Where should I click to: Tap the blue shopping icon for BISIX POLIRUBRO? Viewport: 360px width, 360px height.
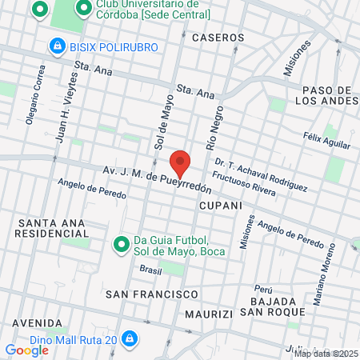click(57, 47)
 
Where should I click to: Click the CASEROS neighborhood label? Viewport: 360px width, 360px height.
click(218, 38)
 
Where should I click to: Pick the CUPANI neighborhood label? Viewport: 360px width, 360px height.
click(220, 206)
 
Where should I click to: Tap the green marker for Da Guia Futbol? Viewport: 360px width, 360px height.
click(122, 243)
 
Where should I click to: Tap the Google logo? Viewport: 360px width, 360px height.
click(26, 350)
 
